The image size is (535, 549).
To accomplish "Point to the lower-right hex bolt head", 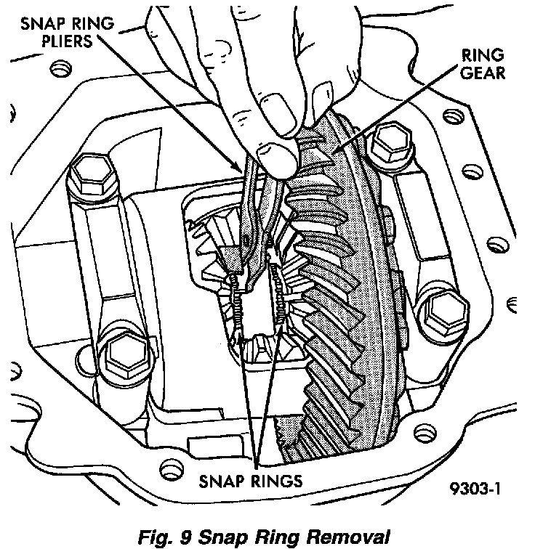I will [441, 313].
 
